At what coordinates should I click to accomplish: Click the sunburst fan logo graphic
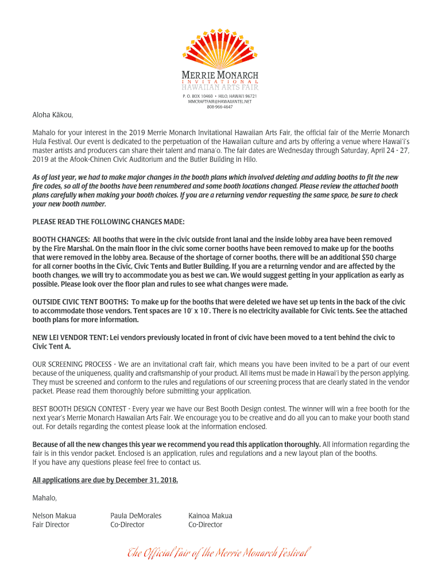coord(220,49)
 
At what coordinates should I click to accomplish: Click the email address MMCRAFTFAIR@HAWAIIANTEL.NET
coord(220,101)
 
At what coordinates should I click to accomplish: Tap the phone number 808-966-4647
coord(220,107)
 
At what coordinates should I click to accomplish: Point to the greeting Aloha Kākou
coord(53,115)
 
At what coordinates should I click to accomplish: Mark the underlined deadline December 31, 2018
coord(143,480)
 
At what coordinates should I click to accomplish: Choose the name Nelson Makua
coord(54,516)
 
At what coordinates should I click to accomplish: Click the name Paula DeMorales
coord(135,516)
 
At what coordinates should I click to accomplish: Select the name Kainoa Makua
coord(210,516)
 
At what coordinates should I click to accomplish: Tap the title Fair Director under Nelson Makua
coord(51,525)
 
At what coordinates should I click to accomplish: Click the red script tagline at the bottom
coord(219,553)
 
